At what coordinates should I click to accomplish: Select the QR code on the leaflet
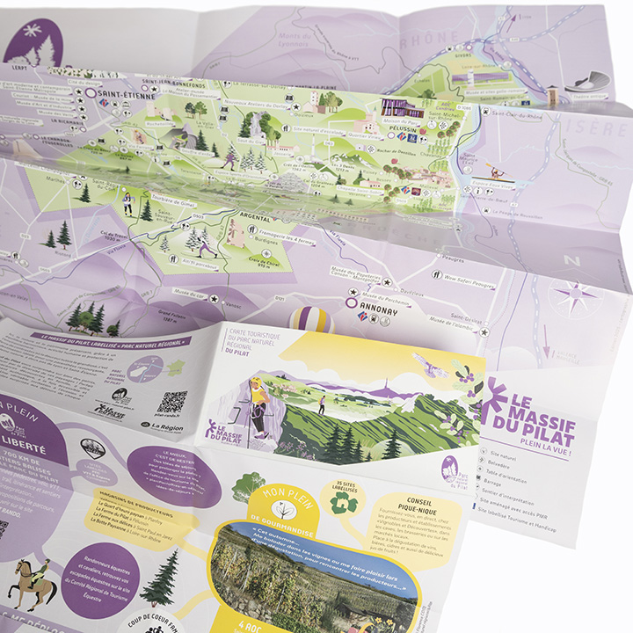(171, 403)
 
